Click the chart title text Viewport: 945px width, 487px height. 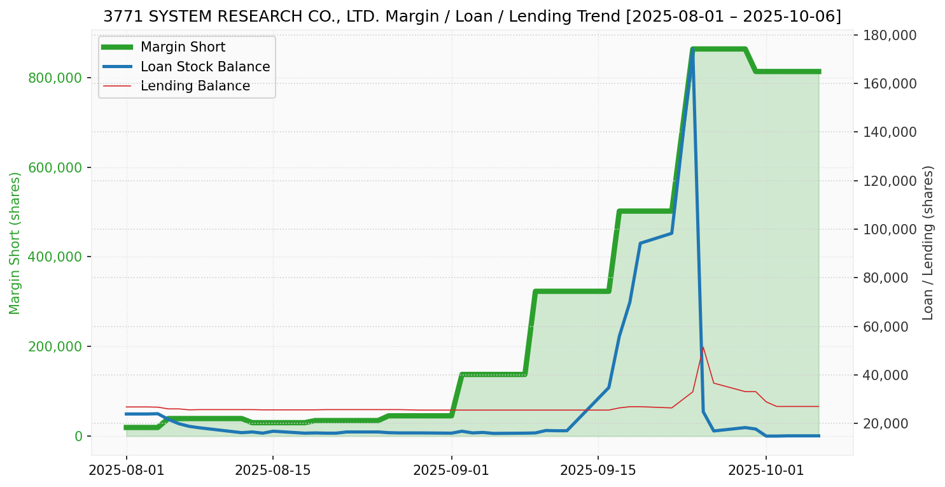click(x=472, y=17)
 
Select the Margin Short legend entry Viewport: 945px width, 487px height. click(x=183, y=47)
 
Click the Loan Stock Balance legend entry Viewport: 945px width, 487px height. click(x=205, y=67)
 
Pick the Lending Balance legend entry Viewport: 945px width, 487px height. click(x=195, y=86)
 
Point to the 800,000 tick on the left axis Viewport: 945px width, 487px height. click(x=55, y=78)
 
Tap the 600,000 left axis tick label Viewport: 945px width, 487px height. click(x=55, y=168)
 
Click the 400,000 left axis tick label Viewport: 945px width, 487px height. click(x=55, y=257)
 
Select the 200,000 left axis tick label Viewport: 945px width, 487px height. click(x=55, y=347)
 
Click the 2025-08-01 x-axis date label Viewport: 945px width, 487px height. click(x=127, y=470)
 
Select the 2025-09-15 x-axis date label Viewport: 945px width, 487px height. click(x=598, y=470)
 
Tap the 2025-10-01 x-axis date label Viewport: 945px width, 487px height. click(x=766, y=470)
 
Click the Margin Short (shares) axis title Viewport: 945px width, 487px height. click(x=15, y=243)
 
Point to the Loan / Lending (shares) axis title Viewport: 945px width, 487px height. click(x=928, y=243)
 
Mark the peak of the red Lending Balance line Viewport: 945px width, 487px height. click(x=703, y=347)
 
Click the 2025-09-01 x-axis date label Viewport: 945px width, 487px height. click(x=451, y=470)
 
